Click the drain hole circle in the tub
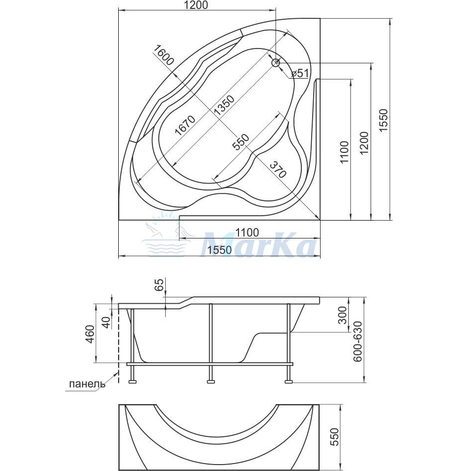click(276, 63)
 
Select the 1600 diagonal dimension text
click(164, 55)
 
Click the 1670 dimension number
click(185, 125)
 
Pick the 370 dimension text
click(278, 169)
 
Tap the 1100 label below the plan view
click(247, 232)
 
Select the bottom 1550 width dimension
click(220, 250)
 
